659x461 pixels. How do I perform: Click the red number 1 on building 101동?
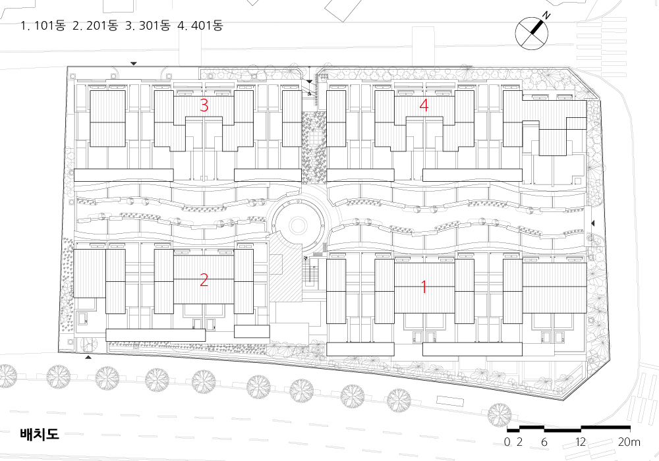424,287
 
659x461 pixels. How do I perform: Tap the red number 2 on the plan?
204,280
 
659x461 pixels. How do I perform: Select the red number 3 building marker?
204,105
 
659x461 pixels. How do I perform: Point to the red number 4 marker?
424,105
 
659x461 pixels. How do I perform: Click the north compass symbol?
532,33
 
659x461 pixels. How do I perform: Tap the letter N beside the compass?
546,16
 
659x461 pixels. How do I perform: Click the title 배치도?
40,434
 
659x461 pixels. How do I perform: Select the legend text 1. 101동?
43,26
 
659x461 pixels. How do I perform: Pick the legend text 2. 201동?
95,26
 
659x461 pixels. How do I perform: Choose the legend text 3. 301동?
148,26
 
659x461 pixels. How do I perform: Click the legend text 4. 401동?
200,26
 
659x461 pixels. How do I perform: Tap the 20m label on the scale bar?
629,442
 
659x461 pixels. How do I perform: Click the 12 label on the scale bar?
581,442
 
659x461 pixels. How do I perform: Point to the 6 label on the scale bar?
544,442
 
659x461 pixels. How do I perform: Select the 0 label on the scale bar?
507,442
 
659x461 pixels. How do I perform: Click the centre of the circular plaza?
298,226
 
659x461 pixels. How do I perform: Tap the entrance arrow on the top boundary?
134,64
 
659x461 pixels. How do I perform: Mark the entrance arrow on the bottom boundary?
88,358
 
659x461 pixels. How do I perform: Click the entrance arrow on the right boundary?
593,223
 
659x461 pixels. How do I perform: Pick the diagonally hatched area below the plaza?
285,273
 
